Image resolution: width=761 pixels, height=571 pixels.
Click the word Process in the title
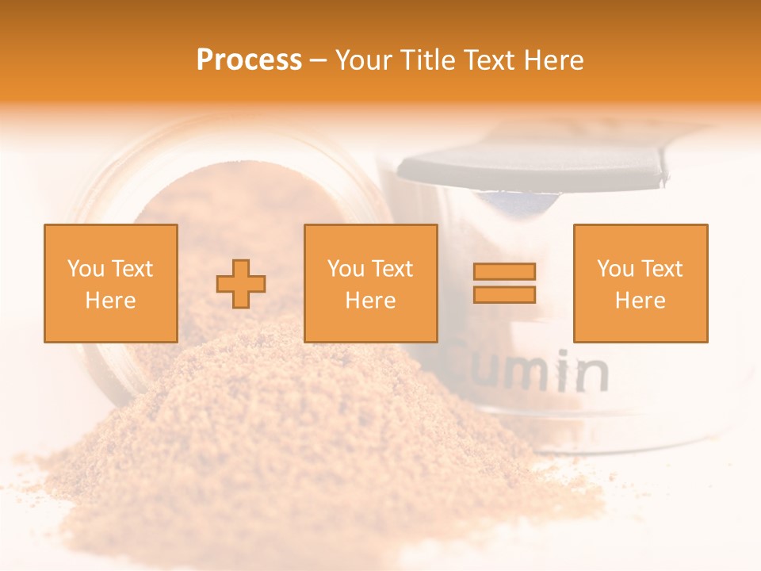[249, 60]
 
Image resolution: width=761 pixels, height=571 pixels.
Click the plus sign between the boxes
[241, 283]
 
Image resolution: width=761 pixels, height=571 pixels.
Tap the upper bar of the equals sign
[504, 271]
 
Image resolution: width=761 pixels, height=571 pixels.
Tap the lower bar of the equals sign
[504, 294]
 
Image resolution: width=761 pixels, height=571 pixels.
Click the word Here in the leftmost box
[110, 301]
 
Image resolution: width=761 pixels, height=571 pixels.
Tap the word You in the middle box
[346, 269]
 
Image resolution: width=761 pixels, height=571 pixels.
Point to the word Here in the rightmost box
[640, 301]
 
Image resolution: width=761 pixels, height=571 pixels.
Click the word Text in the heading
[486, 60]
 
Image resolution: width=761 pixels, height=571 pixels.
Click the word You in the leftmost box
[86, 269]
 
